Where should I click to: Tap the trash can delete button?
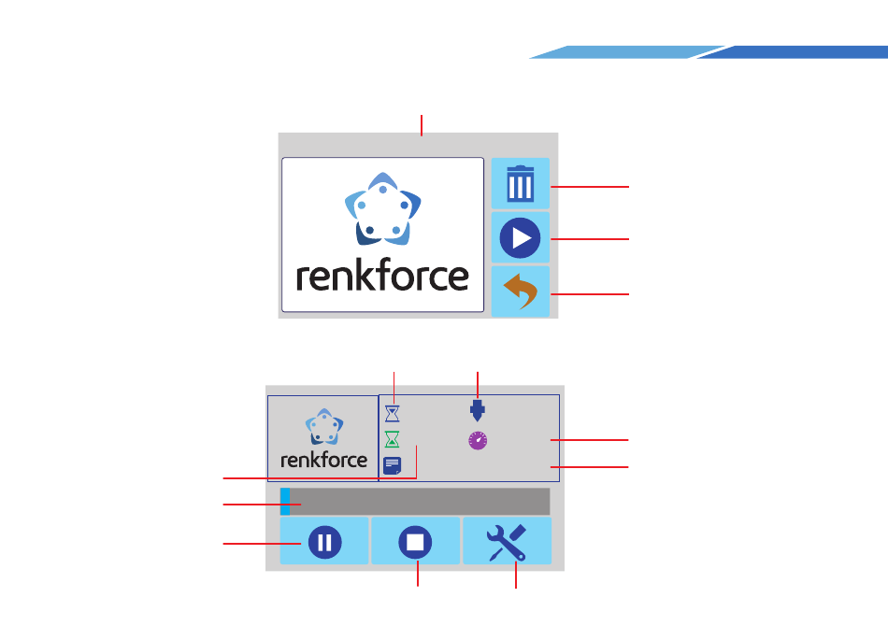pos(521,185)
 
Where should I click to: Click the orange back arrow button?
pos(521,292)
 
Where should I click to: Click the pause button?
pos(323,542)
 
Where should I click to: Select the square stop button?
pos(416,542)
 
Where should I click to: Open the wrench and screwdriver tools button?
pos(508,542)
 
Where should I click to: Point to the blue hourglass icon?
pos(393,411)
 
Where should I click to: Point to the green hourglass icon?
pos(393,438)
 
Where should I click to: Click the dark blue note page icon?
pos(393,465)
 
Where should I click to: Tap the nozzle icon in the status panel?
pos(478,411)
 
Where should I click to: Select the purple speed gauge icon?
pos(478,441)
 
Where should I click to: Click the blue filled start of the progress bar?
pos(285,501)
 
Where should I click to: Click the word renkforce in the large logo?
pos(383,277)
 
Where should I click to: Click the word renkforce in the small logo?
pos(323,460)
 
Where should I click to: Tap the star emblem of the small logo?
pos(323,426)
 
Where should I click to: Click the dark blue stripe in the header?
pos(795,52)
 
